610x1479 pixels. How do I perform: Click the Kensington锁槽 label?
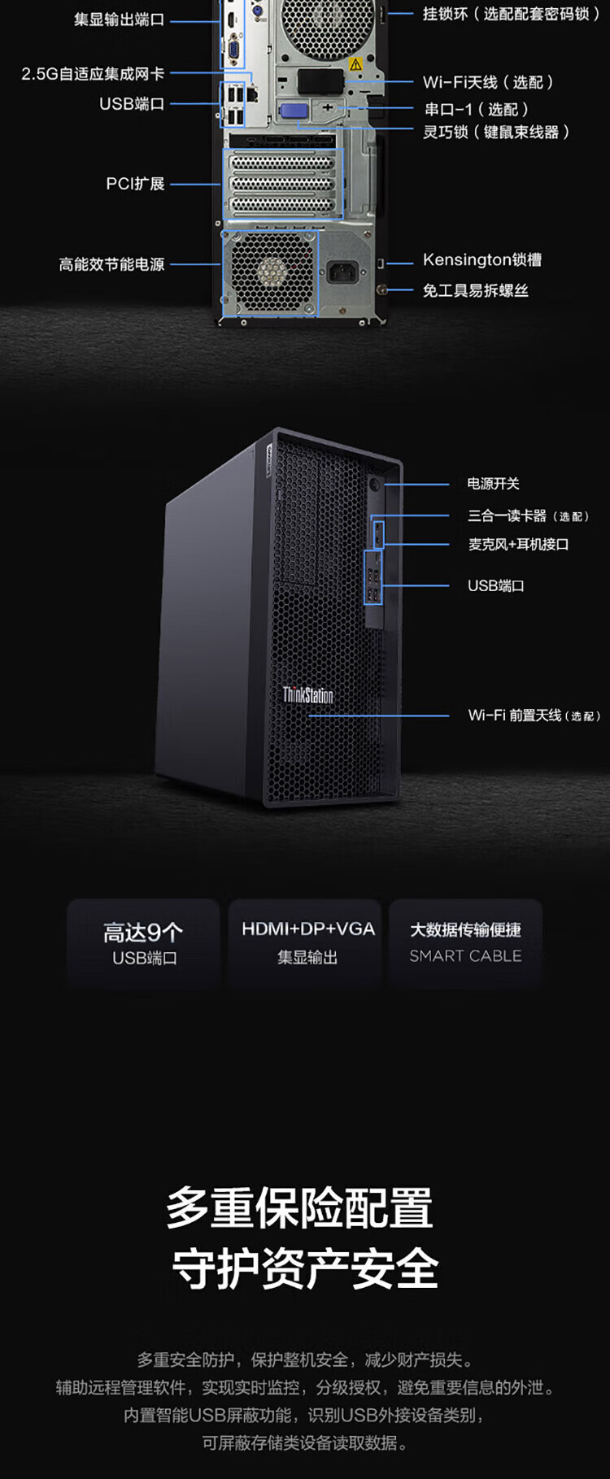click(481, 260)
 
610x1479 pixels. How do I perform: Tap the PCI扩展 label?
click(135, 184)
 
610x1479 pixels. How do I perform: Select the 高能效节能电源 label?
click(111, 264)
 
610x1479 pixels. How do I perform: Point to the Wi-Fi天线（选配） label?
click(488, 82)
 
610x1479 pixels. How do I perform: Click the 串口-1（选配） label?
click(477, 109)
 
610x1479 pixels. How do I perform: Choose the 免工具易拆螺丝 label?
click(475, 290)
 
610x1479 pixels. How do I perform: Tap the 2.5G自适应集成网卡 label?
click(93, 74)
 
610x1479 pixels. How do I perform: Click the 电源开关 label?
click(493, 484)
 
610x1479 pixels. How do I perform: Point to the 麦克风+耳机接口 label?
click(518, 544)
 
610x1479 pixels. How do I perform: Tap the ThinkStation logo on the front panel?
click(307, 695)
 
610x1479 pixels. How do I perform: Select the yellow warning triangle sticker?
click(355, 63)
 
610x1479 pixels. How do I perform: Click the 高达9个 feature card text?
click(143, 932)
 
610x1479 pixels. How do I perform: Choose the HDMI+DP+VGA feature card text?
click(307, 929)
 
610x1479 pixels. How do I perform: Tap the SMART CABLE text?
click(465, 956)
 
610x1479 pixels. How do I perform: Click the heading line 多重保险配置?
click(299, 1208)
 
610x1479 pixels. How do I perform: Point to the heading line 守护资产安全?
click(305, 1268)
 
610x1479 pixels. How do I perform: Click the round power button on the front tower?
click(376, 485)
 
